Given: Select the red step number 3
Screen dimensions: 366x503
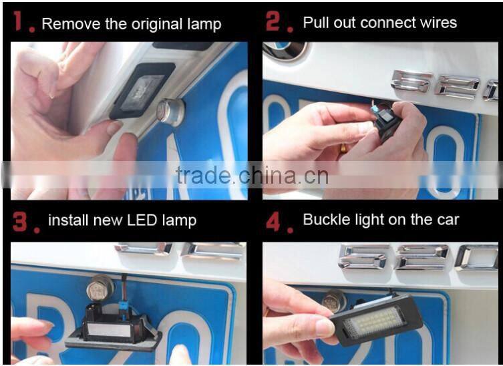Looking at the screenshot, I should [x=21, y=220].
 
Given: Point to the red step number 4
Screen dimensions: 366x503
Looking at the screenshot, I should [x=274, y=220].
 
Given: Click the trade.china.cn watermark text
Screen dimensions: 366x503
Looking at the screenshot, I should [x=252, y=176].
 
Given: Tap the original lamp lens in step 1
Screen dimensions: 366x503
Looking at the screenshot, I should [x=142, y=89].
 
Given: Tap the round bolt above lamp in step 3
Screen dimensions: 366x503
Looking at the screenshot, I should [x=100, y=288].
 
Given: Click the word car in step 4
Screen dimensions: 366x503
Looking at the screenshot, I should [x=447, y=220].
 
